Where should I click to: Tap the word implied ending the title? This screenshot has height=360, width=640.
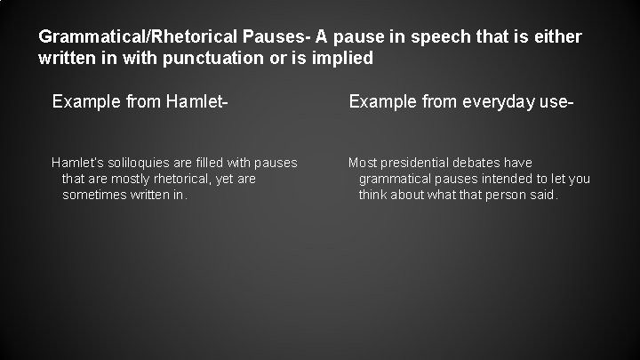[x=344, y=59]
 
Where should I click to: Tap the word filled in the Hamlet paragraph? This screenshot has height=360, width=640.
[x=208, y=163]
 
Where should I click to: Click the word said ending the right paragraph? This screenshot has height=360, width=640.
[x=543, y=195]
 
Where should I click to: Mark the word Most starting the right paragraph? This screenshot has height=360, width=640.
[x=364, y=163]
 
